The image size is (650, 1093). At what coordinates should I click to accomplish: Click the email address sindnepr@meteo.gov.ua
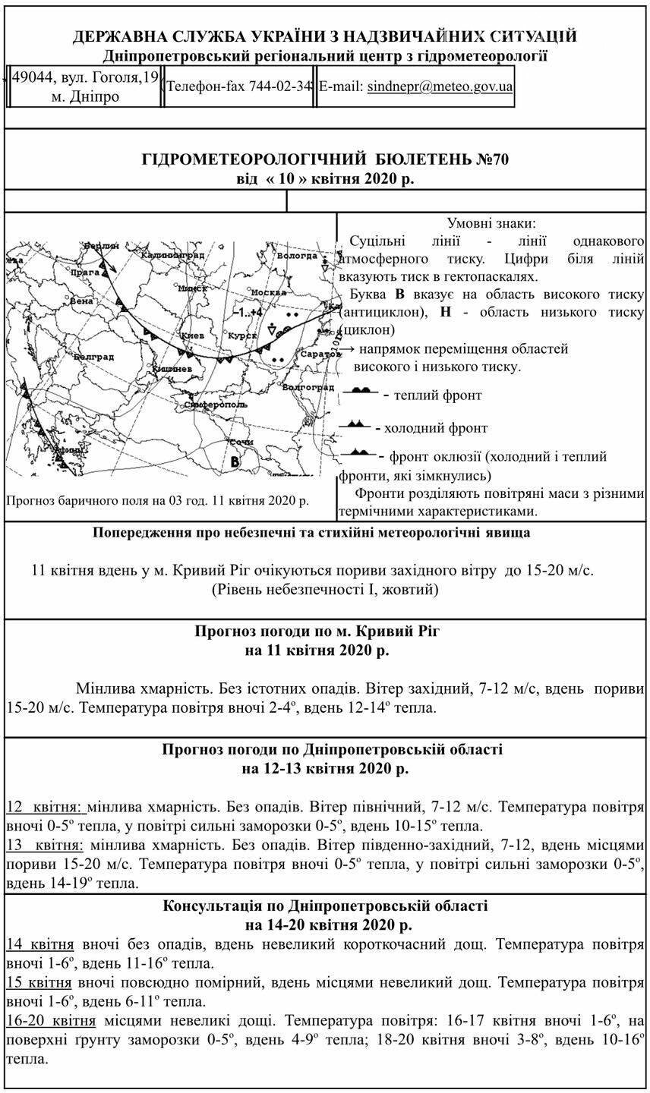click(x=440, y=86)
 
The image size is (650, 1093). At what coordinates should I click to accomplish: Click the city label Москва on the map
click(x=268, y=292)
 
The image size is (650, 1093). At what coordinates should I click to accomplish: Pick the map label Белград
click(x=95, y=356)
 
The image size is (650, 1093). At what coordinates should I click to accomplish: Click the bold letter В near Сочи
click(x=235, y=461)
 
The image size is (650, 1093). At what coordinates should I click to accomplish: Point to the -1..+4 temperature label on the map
click(x=248, y=312)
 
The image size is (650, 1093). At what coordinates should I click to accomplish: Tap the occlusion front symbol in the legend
click(x=359, y=454)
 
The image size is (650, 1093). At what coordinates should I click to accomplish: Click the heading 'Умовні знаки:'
click(x=491, y=224)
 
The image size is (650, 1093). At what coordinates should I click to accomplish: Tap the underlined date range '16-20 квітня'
click(x=51, y=1019)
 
